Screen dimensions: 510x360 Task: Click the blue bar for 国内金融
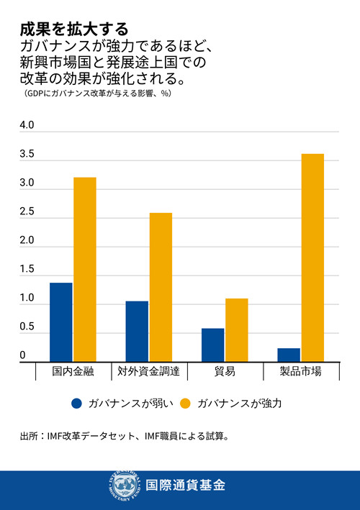(61, 322)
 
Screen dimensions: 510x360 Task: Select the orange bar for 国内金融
(84, 269)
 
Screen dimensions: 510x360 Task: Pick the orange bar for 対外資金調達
(160, 287)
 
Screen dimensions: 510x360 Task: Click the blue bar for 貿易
(212, 345)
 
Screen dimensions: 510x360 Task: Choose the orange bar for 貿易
(236, 329)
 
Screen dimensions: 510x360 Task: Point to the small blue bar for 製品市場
(289, 354)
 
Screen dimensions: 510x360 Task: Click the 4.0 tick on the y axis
(27, 126)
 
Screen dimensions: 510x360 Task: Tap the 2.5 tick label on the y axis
(27, 212)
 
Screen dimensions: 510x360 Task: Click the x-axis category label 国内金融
(73, 372)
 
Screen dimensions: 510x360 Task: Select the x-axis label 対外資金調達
(148, 372)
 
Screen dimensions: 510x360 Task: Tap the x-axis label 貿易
(225, 372)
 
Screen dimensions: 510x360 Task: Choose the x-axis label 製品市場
(300, 372)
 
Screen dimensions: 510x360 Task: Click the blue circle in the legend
(77, 404)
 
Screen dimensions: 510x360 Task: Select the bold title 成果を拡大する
(74, 29)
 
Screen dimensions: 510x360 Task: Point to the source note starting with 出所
(125, 436)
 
